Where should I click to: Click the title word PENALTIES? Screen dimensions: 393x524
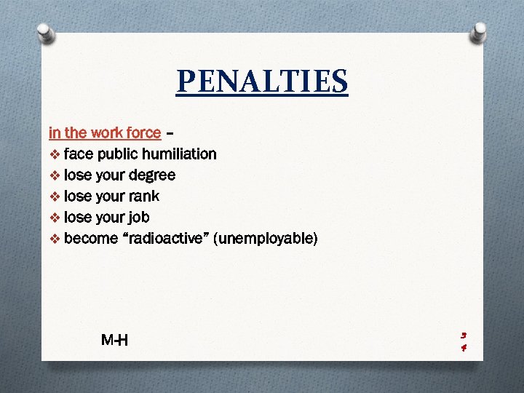[262, 82]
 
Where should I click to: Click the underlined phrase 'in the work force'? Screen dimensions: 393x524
[105, 132]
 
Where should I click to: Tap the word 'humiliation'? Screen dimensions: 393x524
[179, 154]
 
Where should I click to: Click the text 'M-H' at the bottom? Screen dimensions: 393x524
[115, 339]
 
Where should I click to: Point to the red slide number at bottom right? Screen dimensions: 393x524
[464, 341]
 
